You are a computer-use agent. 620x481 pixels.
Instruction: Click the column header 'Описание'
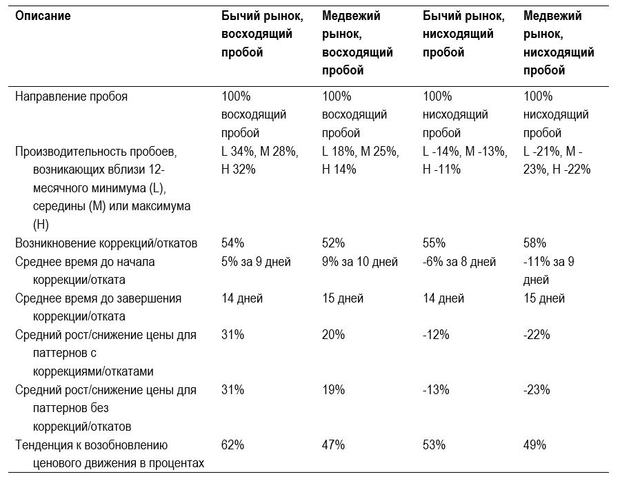[x=43, y=16]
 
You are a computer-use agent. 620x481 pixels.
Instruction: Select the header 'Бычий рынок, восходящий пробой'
[x=262, y=34]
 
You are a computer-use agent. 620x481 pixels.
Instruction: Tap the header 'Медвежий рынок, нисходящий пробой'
[x=559, y=43]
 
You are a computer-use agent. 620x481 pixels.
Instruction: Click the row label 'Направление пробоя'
[x=71, y=96]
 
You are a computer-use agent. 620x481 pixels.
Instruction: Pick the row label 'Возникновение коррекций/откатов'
[x=106, y=243]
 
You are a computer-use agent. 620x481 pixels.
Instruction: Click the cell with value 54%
[x=232, y=243]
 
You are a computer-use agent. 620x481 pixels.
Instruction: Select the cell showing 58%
[x=534, y=243]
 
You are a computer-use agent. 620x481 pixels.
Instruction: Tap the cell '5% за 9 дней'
[x=256, y=262]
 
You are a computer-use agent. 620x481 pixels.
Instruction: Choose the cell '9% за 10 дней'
[x=360, y=262]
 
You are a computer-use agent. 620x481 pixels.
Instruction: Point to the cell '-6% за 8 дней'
[x=459, y=262]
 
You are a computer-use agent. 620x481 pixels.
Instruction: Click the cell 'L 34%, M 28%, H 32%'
[x=260, y=161]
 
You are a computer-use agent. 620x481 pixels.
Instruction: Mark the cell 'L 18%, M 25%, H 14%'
[x=360, y=161]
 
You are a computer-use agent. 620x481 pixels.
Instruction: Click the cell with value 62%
[x=232, y=445]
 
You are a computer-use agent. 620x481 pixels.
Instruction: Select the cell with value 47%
[x=333, y=445]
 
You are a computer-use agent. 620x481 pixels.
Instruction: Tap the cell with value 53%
[x=434, y=445]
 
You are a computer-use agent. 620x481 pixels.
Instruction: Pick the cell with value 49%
[x=534, y=445]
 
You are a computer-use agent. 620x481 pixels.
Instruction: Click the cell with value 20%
[x=333, y=335]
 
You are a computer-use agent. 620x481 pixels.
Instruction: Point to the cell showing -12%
[x=436, y=335]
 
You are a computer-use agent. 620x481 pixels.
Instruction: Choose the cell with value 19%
[x=333, y=390]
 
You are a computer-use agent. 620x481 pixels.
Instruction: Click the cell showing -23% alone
[x=537, y=390]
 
